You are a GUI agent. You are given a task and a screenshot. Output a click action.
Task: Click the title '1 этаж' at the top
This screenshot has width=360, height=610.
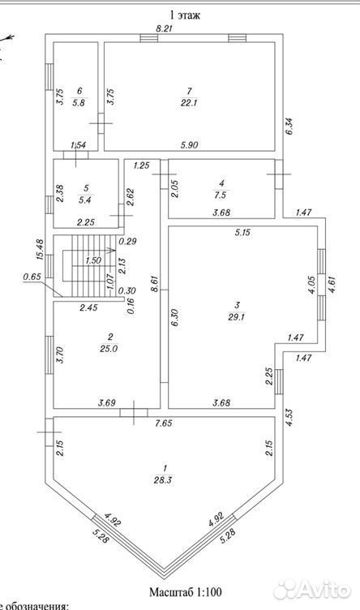[184, 15]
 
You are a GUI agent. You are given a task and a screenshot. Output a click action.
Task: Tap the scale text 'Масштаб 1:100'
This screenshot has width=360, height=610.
[186, 592]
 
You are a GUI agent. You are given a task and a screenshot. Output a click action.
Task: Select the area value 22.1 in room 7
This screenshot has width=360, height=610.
[189, 103]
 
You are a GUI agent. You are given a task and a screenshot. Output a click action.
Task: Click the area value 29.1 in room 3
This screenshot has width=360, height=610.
[237, 316]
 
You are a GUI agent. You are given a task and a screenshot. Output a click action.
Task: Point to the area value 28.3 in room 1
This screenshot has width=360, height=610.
[165, 480]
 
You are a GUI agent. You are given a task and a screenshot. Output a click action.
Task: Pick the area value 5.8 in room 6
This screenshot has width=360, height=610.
[79, 103]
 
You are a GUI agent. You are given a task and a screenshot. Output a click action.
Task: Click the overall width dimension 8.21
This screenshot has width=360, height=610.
[164, 28]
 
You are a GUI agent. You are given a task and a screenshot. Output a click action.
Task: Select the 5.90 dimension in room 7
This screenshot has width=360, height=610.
[190, 145]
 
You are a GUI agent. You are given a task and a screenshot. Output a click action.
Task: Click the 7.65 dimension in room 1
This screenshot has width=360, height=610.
[164, 423]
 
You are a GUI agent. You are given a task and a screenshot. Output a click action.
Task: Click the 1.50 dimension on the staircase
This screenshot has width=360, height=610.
[93, 261]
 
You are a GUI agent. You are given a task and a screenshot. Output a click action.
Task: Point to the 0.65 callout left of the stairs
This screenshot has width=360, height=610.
[31, 277]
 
